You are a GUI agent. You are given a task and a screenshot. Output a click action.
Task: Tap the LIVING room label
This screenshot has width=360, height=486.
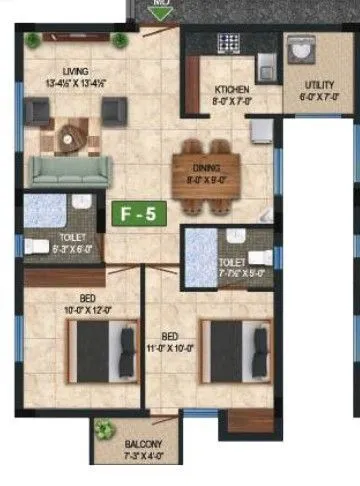point(75,72)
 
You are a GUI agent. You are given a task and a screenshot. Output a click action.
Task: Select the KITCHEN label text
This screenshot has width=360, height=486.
point(231,91)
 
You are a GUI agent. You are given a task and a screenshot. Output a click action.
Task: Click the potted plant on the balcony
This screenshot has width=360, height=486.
point(104,431)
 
